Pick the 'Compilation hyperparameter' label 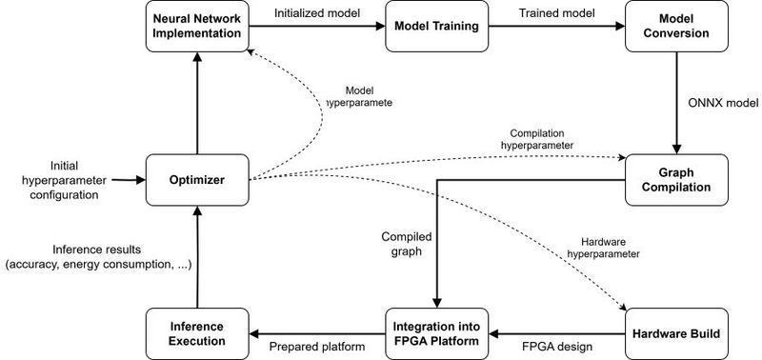[x=538, y=138]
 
